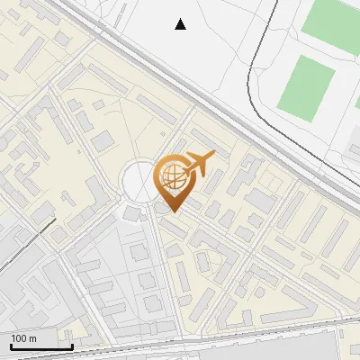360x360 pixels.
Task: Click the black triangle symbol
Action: [x=181, y=24]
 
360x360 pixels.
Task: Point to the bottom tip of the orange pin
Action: [x=174, y=212]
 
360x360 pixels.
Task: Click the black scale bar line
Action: [x=40, y=346]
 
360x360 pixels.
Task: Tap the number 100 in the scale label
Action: [x=19, y=338]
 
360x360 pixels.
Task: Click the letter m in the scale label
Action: [x=32, y=338]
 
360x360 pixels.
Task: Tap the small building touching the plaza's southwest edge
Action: [x=132, y=213]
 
